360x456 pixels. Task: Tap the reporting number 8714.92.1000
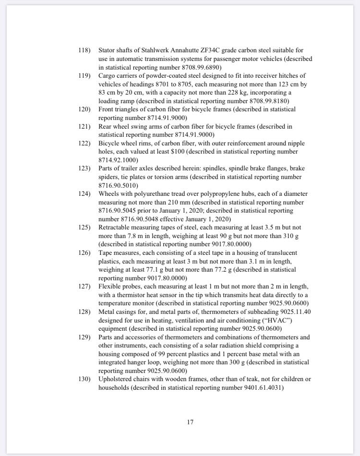(x=118, y=160)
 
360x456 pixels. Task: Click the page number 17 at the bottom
(x=191, y=422)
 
